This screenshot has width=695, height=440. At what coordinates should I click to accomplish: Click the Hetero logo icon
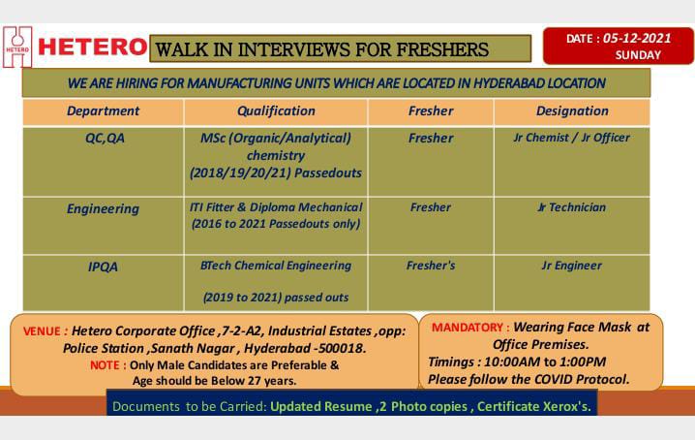tap(17, 47)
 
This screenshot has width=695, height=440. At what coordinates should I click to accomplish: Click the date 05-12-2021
tap(637, 38)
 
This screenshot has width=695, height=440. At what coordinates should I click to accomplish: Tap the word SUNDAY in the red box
tap(638, 55)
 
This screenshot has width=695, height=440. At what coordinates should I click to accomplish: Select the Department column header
tap(103, 111)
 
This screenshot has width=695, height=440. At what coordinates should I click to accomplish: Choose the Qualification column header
tap(276, 111)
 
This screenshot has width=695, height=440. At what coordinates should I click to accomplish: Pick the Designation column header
tap(572, 111)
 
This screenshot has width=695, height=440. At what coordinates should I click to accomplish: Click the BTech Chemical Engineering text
tap(276, 266)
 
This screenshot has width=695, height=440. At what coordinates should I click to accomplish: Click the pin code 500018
tap(342, 349)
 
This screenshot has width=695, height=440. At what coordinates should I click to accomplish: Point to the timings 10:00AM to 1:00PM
tap(545, 361)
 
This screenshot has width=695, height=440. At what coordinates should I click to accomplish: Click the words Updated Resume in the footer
tap(321, 407)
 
